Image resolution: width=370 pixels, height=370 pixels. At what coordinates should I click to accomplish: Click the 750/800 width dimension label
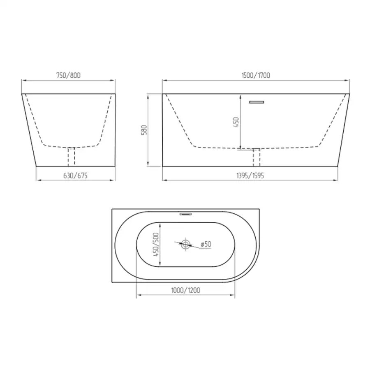pos(68,75)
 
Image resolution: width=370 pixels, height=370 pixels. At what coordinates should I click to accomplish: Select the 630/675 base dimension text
pos(75,176)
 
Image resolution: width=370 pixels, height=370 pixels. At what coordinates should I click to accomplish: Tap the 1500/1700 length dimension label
pos(256,75)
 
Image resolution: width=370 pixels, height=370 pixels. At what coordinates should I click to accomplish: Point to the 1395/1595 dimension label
pos(250,176)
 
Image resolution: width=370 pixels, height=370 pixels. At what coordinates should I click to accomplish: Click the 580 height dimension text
pos(144,130)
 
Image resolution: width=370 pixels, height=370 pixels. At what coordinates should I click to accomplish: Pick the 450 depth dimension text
pos(236,122)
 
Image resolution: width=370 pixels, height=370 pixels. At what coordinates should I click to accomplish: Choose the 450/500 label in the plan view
pos(156,245)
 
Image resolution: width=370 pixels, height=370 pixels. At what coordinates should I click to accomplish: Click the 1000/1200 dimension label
pos(186,290)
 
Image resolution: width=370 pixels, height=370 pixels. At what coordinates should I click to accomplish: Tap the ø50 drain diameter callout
pos(206,244)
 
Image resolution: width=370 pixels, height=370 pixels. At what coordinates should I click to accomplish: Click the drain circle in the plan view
pos(185,244)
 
